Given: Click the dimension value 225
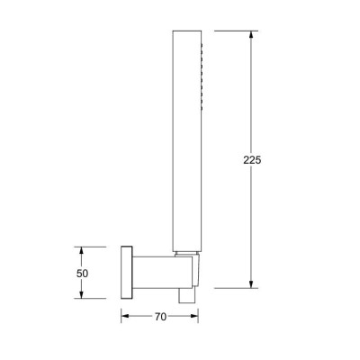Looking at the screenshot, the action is point(252,160).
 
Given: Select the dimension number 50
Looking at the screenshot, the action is point(82,274).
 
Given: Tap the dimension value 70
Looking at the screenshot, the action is point(160,317).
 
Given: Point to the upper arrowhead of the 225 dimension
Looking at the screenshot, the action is point(251,34).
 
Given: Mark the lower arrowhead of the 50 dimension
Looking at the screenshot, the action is point(80,294).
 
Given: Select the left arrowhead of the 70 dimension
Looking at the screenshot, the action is point(125,316).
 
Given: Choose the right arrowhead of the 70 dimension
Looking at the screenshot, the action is point(194,316).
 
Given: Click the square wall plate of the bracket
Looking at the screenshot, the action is point(127,273).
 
